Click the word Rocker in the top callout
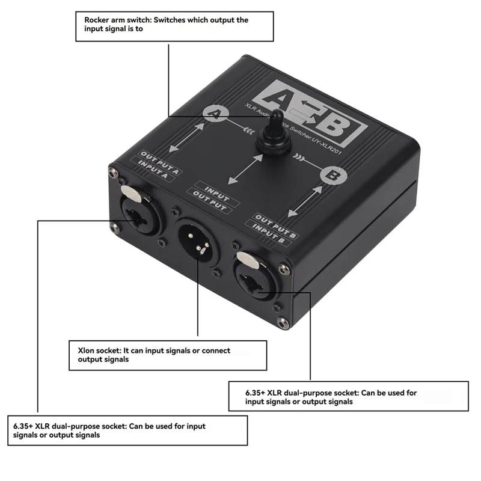(97, 20)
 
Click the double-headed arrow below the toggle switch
(245, 168)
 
